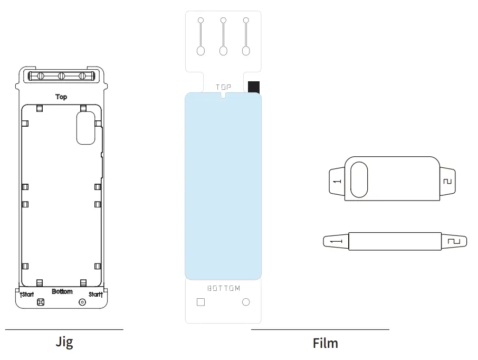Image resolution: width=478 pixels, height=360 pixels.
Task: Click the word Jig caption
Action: [64, 342]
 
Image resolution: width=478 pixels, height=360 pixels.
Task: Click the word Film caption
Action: [325, 343]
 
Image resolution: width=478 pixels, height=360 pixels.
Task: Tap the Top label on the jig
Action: [62, 97]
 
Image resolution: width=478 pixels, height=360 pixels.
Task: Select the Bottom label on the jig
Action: [62, 291]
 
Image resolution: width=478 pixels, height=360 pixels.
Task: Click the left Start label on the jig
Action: [27, 295]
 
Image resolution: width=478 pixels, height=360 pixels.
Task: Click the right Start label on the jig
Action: [95, 295]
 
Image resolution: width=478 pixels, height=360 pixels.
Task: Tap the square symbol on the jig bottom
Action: [41, 302]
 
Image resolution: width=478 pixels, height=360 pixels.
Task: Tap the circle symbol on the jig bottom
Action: [82, 302]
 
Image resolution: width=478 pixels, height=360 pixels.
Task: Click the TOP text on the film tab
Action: [223, 87]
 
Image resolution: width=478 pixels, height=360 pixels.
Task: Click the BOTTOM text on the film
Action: [223, 288]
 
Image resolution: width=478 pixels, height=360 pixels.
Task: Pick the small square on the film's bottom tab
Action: [200, 302]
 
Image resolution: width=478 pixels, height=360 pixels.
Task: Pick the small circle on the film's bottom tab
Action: [245, 302]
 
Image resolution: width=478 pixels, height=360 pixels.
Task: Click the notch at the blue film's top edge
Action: [223, 96]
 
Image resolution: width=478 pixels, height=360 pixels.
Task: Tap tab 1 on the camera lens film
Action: [336, 181]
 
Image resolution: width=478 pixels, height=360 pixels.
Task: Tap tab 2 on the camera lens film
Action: [447, 181]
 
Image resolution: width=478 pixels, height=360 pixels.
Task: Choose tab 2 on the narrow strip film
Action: [454, 241]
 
